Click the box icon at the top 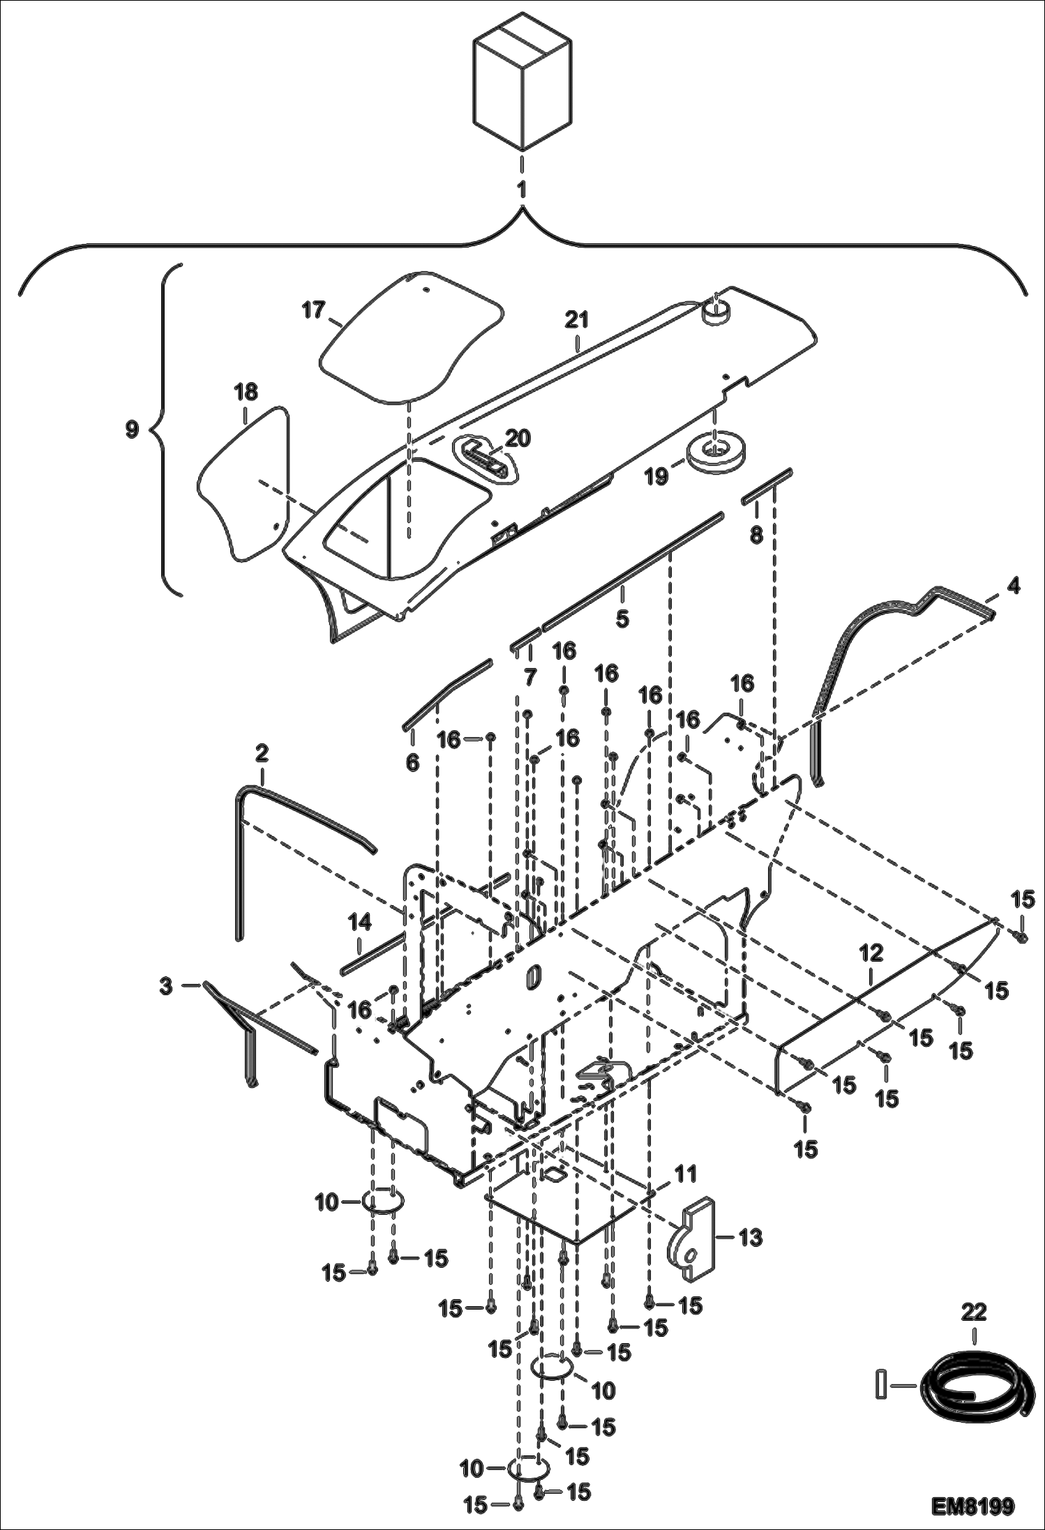click(x=522, y=82)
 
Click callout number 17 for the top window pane click(x=313, y=310)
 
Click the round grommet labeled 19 click(x=714, y=454)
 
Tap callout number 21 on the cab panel click(x=577, y=321)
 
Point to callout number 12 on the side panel click(x=871, y=953)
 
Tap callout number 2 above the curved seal click(x=262, y=754)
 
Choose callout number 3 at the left click(x=165, y=986)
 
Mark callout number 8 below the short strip click(x=756, y=535)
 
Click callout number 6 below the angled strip click(x=412, y=763)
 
